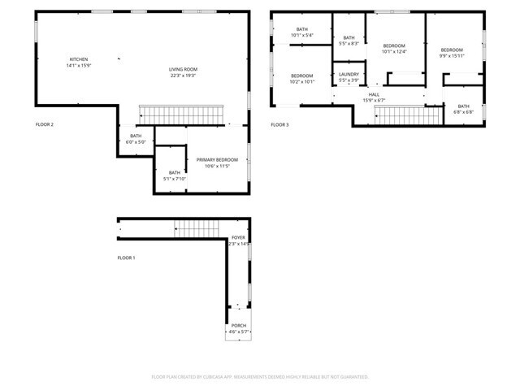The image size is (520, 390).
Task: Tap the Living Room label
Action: pyautogui.click(x=184, y=72)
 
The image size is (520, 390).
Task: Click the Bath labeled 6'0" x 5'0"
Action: pyautogui.click(x=136, y=139)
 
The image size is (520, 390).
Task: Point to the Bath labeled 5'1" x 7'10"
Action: pyautogui.click(x=175, y=175)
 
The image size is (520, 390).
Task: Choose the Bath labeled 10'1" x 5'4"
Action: pyautogui.click(x=301, y=33)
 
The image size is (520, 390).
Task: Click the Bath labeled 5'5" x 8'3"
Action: pyautogui.click(x=349, y=41)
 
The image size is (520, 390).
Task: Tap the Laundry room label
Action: pyautogui.click(x=349, y=77)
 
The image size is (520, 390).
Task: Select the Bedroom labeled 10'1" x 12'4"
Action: pyautogui.click(x=394, y=49)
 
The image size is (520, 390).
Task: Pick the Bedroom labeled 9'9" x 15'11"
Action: pyautogui.click(x=451, y=53)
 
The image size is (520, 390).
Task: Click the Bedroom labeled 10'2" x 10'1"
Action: pyautogui.click(x=302, y=79)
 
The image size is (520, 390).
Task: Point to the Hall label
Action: pyautogui.click(x=374, y=97)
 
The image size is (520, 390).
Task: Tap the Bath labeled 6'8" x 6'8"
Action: pyautogui.click(x=463, y=109)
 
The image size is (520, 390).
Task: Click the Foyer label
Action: pyautogui.click(x=238, y=240)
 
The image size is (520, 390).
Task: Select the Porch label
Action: pyautogui.click(x=238, y=328)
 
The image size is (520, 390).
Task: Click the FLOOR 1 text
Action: pyautogui.click(x=126, y=258)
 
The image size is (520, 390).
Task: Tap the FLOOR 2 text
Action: pyautogui.click(x=45, y=124)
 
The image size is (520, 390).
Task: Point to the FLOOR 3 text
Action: pyautogui.click(x=279, y=124)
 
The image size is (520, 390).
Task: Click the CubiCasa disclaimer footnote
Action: pyautogui.click(x=260, y=377)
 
